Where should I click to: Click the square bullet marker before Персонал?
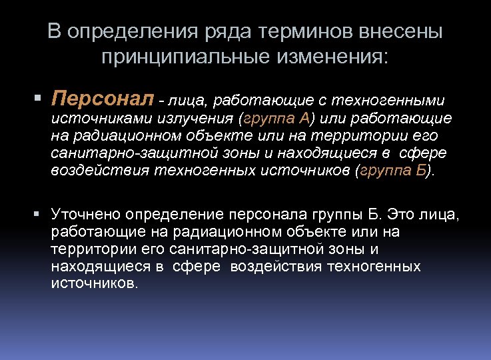point(42,100)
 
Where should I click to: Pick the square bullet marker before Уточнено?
point(42,215)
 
